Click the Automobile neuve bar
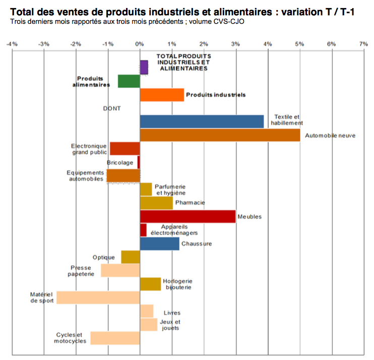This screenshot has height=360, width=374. click(x=220, y=135)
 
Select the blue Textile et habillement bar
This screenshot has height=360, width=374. click(x=202, y=121)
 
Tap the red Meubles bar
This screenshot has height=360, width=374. click(x=188, y=217)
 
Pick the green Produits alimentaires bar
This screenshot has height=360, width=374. click(x=129, y=81)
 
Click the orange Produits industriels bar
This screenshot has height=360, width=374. click(x=162, y=95)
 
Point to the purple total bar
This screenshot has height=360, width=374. click(x=144, y=67)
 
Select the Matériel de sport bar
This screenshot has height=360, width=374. click(x=98, y=298)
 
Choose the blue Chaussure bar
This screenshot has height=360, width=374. click(x=159, y=244)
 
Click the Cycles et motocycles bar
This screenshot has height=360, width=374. click(x=115, y=338)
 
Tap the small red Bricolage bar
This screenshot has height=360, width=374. click(x=139, y=162)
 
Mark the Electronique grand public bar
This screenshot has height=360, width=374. click(x=124, y=149)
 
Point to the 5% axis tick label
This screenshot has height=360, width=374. click(x=299, y=44)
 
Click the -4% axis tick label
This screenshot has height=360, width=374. click(x=12, y=44)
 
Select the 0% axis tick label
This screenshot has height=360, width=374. click(x=140, y=44)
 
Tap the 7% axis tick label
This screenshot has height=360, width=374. click(x=363, y=44)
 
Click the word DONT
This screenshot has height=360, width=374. click(x=112, y=108)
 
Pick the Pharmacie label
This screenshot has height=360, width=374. click(x=190, y=202)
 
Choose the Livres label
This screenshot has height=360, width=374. click(x=172, y=313)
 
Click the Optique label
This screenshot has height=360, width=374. click(x=104, y=257)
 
